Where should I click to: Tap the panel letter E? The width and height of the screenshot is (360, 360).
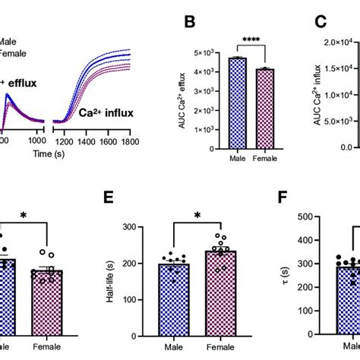[x=111, y=199]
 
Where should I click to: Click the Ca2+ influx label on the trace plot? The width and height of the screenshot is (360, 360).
[x=107, y=114]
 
